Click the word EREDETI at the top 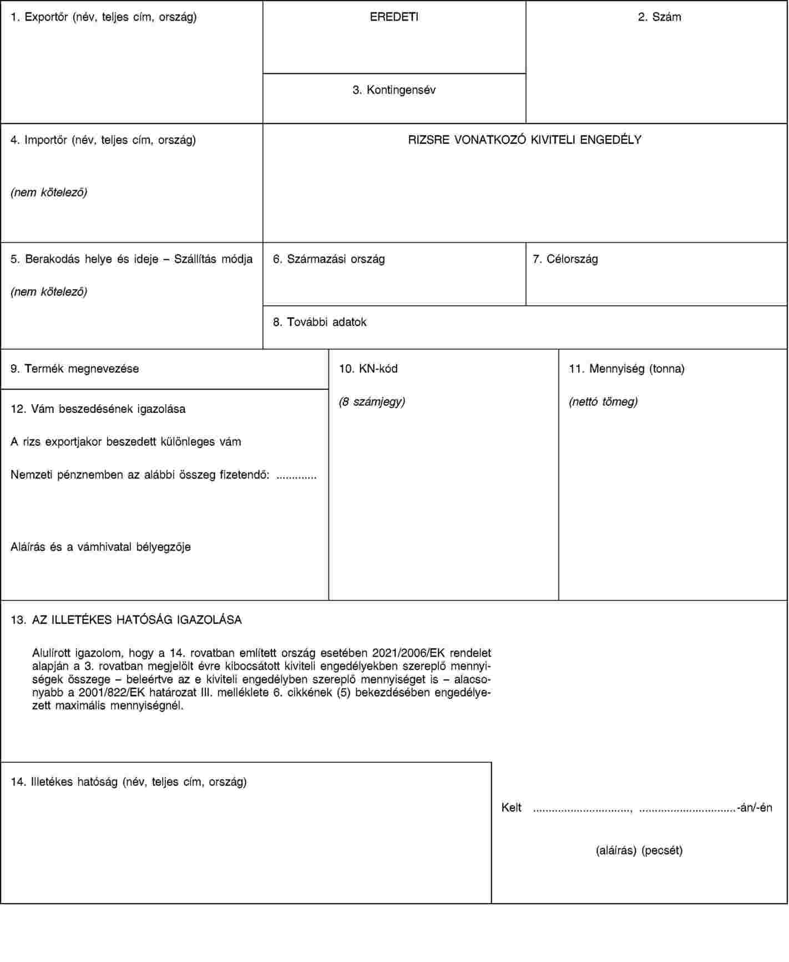[394, 17]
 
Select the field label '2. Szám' [659, 17]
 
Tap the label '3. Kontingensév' [394, 90]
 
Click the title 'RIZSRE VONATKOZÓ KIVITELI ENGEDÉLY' [524, 140]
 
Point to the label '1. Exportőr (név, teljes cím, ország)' [104, 17]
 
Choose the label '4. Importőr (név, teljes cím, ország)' [103, 140]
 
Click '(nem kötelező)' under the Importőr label [49, 193]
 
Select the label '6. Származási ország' [328, 259]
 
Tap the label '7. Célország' [565, 259]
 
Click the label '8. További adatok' [320, 323]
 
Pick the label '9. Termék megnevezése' [75, 369]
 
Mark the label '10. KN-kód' [368, 369]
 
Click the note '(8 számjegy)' [372, 402]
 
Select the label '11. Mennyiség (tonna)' [626, 369]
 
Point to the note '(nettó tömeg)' [603, 402]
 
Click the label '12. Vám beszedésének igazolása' [98, 410]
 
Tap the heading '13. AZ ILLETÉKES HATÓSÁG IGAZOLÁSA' [127, 620]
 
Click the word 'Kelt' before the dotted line [511, 808]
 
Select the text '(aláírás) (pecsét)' [639, 850]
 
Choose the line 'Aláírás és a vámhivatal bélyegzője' [100, 547]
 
